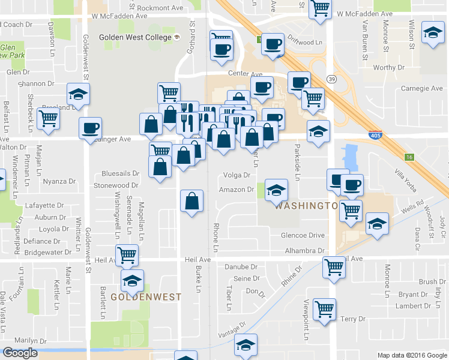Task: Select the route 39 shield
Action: coord(331,79)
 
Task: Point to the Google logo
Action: coord(20,353)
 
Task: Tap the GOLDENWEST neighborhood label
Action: coord(137,297)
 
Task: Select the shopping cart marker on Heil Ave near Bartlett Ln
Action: coord(127,255)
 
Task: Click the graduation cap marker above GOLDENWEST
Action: coord(132,280)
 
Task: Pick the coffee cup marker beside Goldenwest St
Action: coord(91,127)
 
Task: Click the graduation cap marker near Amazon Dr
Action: coord(276,190)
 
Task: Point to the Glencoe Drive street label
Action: coord(303,236)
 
